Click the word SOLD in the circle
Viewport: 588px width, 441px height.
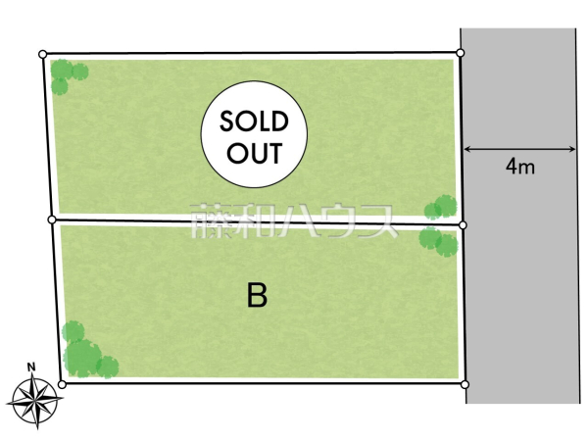click(x=254, y=122)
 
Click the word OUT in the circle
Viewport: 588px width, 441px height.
click(x=254, y=153)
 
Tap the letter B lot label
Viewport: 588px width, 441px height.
click(x=257, y=295)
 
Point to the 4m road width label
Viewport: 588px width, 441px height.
click(x=519, y=166)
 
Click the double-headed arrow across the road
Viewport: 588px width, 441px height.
click(x=519, y=149)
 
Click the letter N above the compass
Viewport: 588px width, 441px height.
click(x=31, y=367)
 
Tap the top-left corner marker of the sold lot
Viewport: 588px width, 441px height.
click(x=43, y=54)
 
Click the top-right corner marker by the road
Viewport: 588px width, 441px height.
click(x=461, y=53)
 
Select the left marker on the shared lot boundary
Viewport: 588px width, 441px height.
click(x=52, y=220)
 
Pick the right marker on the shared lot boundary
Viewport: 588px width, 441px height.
click(x=463, y=225)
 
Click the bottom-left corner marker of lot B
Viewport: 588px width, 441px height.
click(x=63, y=384)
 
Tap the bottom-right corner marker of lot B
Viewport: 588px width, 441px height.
click(x=465, y=384)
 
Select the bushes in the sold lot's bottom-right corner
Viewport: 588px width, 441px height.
click(x=441, y=207)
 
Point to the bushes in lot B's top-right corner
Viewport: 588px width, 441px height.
click(x=438, y=241)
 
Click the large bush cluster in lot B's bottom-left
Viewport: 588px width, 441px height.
click(x=89, y=350)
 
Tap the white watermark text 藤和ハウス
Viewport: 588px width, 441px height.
click(x=294, y=221)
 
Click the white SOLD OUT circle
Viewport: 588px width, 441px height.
click(x=254, y=134)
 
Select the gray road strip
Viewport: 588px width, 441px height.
click(x=519, y=216)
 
